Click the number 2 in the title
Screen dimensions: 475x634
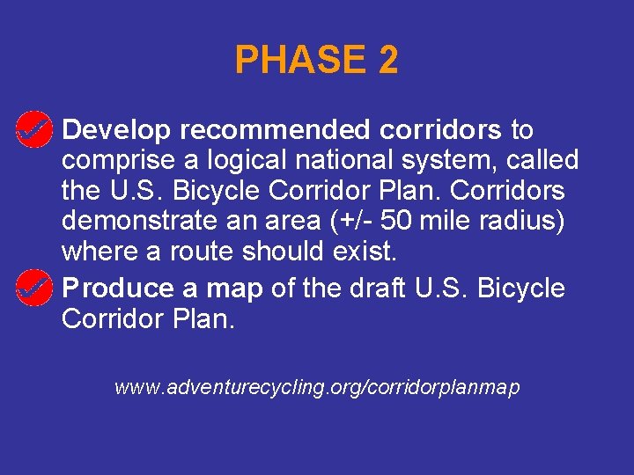pos(388,60)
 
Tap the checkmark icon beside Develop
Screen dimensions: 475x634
pos(33,130)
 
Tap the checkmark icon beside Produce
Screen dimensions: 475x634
pos(33,288)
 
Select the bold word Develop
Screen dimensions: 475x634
pos(117,130)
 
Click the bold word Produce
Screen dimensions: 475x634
pos(119,289)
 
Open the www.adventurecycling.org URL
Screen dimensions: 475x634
pos(317,386)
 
